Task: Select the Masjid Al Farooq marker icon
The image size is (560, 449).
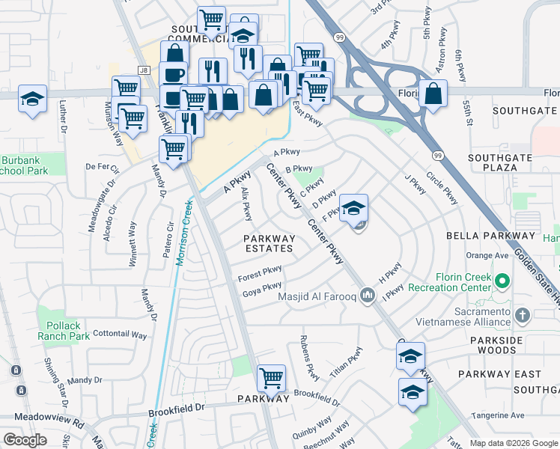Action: [367, 296]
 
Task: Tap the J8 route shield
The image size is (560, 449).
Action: [144, 70]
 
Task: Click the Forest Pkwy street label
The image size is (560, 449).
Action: [260, 274]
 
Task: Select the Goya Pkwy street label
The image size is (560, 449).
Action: [262, 290]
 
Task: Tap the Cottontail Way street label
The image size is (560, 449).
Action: [118, 335]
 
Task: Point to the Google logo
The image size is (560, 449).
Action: [25, 440]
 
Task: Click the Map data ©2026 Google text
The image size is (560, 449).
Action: [513, 443]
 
